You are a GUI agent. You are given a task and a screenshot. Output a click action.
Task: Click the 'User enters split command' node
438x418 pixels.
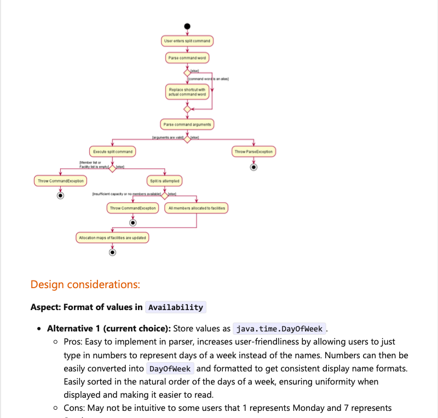187,41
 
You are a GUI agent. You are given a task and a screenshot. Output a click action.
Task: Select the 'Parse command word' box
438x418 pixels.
187,58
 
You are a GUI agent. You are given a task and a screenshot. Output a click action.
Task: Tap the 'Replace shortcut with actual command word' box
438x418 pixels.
187,91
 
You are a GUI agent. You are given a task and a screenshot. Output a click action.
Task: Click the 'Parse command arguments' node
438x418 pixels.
187,124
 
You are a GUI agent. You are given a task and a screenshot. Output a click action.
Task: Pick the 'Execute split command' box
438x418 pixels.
112,151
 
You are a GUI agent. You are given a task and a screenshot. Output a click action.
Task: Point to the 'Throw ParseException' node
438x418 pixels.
253,151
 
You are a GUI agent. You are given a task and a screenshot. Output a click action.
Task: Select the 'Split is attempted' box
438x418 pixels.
164,180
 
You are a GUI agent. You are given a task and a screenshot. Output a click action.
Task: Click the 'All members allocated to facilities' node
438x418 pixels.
197,208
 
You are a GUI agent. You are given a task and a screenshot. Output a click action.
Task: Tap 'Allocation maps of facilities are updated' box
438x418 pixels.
112,238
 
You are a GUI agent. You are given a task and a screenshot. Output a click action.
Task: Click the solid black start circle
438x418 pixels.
187,26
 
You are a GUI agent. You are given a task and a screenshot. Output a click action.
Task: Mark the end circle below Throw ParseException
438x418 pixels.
253,167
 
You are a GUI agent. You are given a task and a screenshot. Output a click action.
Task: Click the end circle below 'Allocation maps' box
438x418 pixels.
112,253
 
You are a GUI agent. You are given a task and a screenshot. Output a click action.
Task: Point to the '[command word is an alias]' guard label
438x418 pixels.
208,79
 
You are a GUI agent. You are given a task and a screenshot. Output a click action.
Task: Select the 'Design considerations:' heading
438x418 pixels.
85,284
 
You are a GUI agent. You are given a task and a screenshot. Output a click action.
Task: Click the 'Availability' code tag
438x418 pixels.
176,307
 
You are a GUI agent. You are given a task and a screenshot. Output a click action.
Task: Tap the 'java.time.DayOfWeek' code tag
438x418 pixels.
279,329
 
